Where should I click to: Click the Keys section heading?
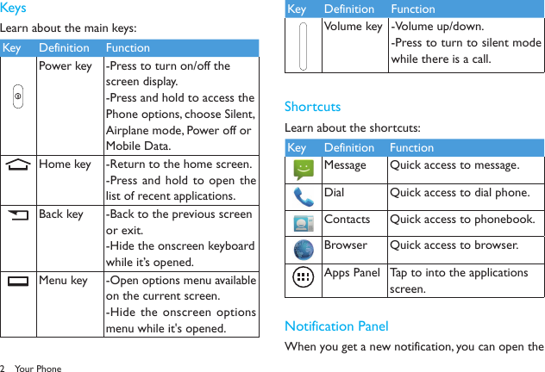coord(14,9)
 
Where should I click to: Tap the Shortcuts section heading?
coord(312,107)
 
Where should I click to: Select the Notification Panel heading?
coord(335,325)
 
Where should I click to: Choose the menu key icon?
coord(18,281)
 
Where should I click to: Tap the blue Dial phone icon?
coord(304,196)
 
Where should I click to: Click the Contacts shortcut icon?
coord(304,223)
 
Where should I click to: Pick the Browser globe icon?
coord(304,250)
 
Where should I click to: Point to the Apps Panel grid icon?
coord(304,277)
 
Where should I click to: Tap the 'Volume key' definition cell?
coord(353,26)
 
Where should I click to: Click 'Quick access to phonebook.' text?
coord(461,219)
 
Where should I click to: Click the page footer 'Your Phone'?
coord(38,368)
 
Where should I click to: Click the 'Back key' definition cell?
coord(63,214)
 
